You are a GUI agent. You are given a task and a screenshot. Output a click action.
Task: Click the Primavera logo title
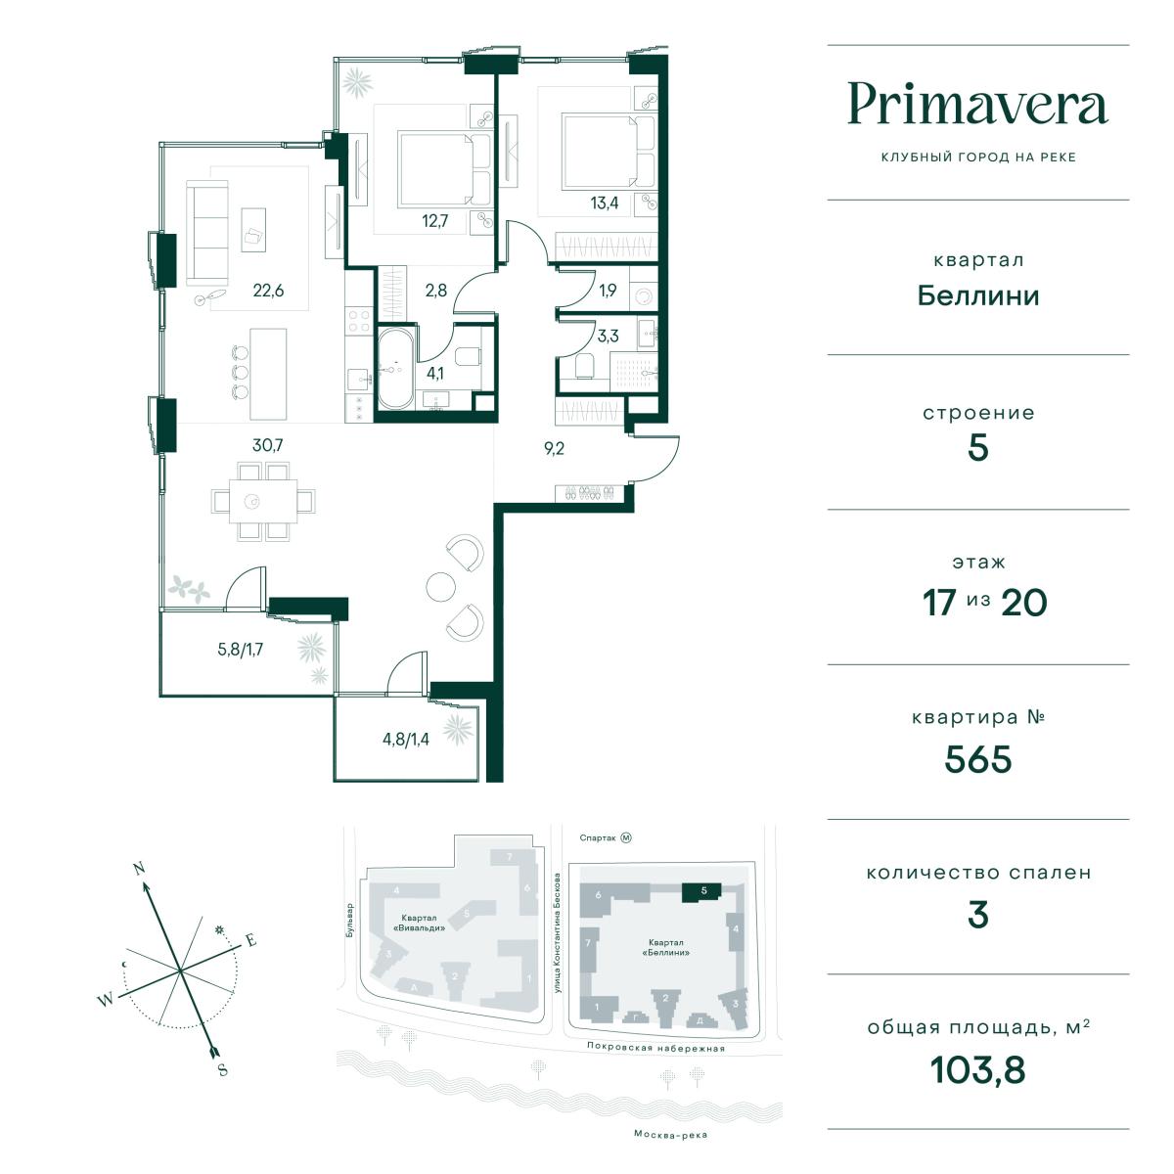click(977, 104)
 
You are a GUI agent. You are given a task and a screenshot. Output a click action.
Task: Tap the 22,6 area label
click(268, 290)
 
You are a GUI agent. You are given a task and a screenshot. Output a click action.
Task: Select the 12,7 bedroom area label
click(435, 220)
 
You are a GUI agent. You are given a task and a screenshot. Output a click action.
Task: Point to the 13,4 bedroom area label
click(605, 203)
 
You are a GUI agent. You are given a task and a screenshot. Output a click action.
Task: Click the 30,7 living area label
click(267, 445)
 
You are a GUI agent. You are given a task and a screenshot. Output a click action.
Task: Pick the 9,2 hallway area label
click(554, 449)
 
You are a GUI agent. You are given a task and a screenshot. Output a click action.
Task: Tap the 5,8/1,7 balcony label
click(241, 650)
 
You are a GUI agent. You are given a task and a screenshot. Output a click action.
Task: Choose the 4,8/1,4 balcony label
click(406, 740)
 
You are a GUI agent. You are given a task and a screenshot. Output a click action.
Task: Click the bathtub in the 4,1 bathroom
click(396, 369)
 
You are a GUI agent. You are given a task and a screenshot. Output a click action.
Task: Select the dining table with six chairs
click(263, 501)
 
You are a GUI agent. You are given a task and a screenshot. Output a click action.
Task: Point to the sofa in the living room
click(207, 233)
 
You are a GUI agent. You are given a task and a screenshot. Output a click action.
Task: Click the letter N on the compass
click(140, 869)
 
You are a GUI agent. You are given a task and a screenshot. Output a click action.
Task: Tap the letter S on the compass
click(222, 1070)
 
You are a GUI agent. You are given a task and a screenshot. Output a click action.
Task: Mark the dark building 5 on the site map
click(701, 892)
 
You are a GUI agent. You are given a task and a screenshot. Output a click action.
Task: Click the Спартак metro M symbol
click(626, 837)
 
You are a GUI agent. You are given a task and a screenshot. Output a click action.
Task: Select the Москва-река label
click(670, 1135)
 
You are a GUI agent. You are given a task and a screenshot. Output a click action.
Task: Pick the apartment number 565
click(977, 759)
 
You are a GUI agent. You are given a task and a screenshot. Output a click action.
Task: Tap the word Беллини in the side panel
click(977, 296)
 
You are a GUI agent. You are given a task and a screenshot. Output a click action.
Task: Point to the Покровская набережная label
click(655, 1047)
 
